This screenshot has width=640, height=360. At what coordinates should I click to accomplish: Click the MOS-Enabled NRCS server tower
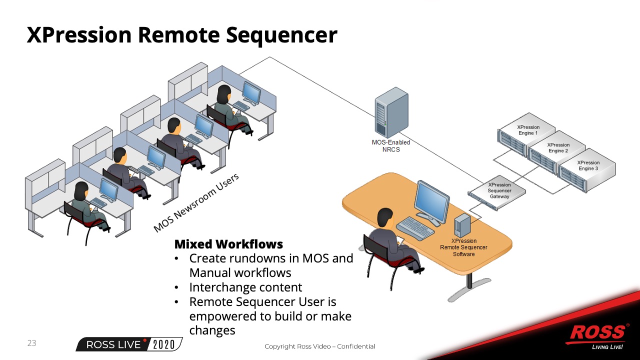(x=391, y=113)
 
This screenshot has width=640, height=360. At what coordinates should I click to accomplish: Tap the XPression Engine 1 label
(x=528, y=130)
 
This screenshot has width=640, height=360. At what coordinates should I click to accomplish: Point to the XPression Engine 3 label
(x=588, y=165)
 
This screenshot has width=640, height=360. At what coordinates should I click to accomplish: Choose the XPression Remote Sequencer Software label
(x=463, y=247)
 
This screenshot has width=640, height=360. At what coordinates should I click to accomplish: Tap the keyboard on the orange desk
(x=414, y=228)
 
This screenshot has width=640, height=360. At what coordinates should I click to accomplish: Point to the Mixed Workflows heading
(x=228, y=244)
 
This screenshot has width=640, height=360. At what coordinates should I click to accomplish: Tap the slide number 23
(x=31, y=343)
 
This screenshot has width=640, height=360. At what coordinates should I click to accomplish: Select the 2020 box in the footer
(x=164, y=344)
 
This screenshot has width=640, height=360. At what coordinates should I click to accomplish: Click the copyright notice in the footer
(x=319, y=346)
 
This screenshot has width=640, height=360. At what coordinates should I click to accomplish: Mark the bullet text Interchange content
(x=245, y=287)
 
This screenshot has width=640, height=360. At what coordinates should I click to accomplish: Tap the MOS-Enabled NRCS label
(x=391, y=146)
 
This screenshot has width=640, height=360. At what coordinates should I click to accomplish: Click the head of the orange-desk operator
(x=384, y=217)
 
